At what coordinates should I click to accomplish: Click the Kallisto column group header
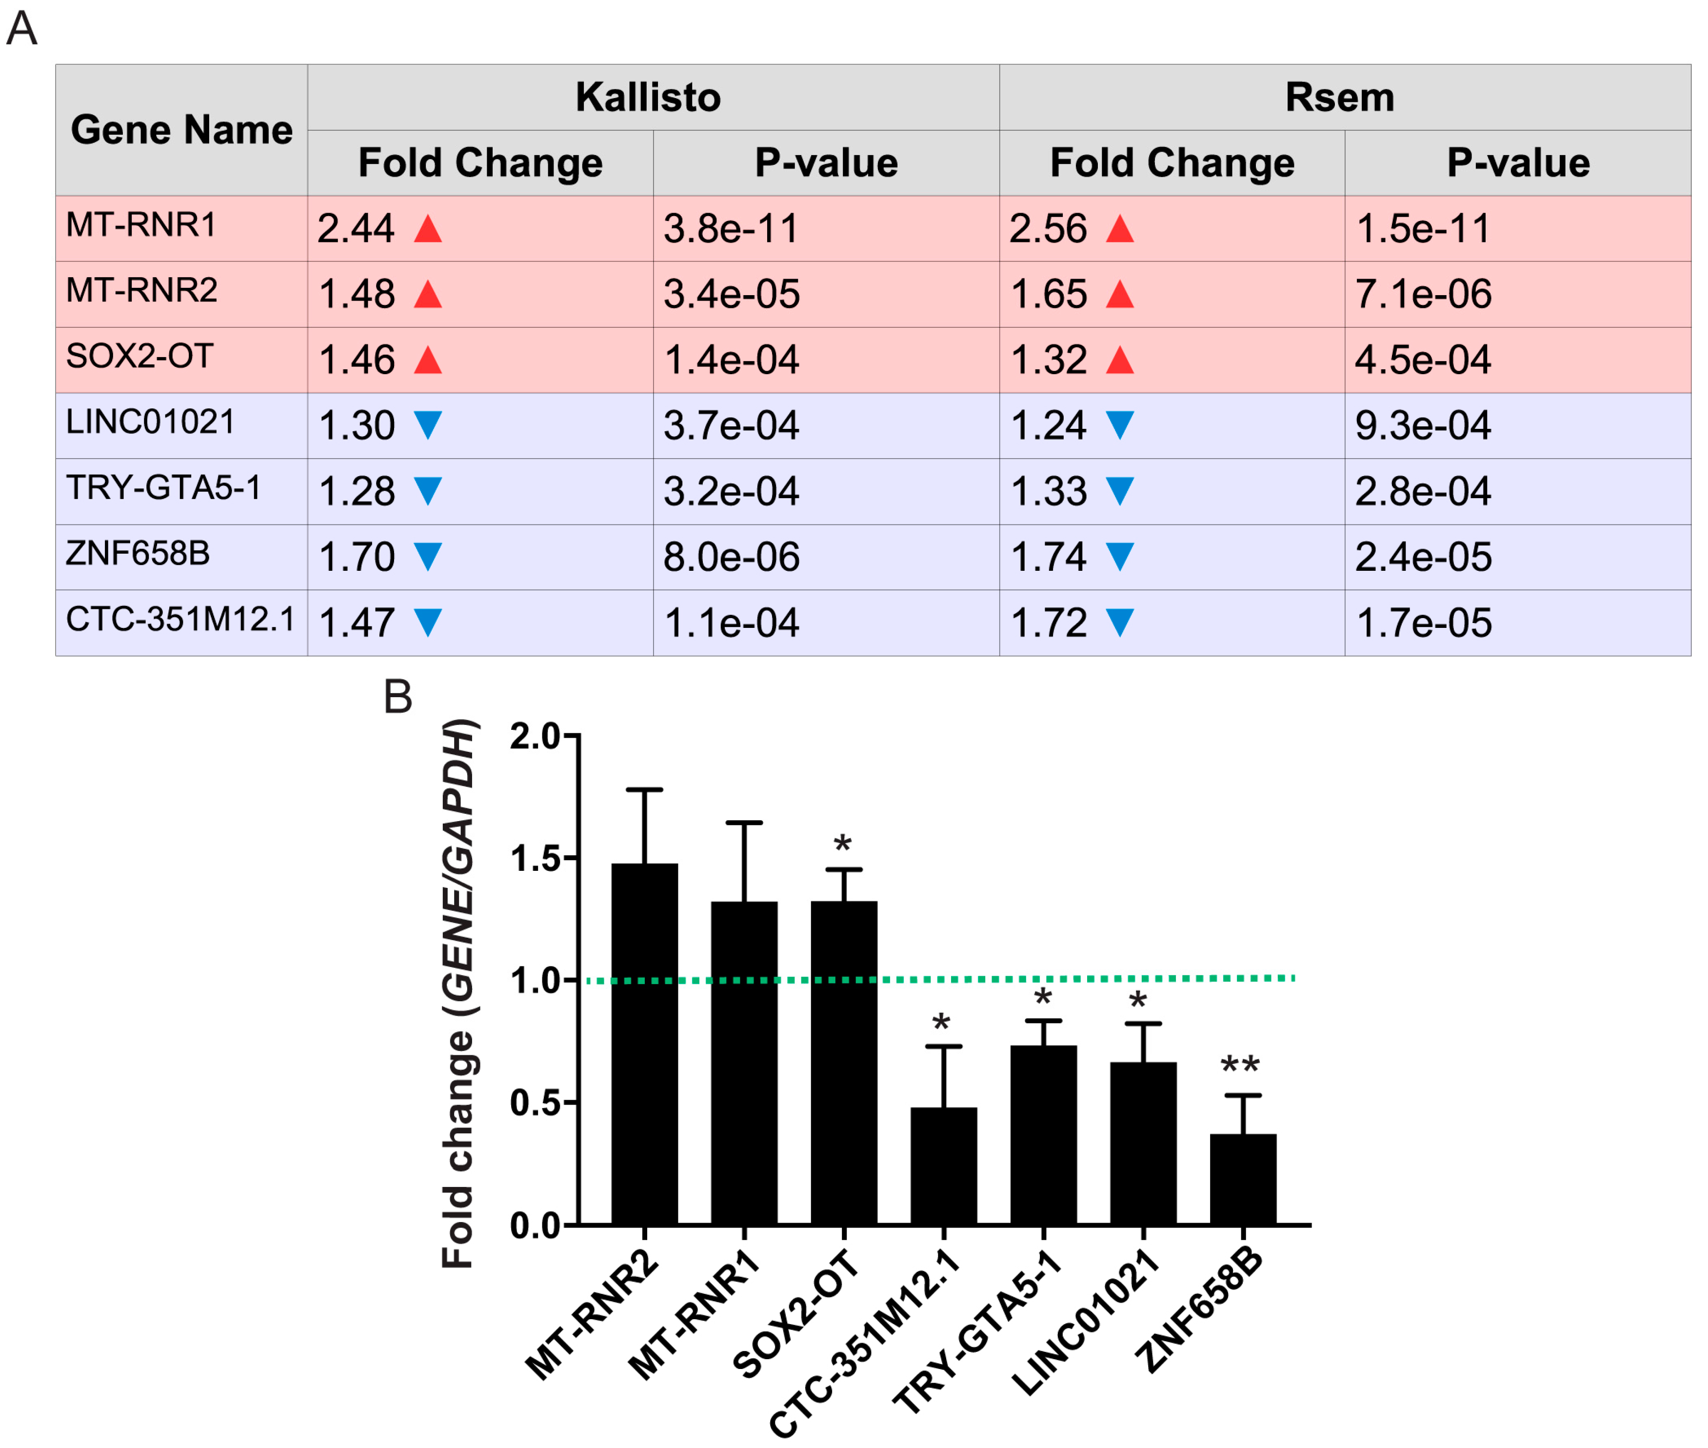648,97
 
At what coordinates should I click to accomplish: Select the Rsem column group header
1339,97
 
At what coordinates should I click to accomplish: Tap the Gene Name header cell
181,130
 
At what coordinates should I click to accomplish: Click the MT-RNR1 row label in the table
141,225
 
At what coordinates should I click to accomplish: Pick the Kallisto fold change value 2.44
356,228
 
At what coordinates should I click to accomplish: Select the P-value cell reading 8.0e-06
731,557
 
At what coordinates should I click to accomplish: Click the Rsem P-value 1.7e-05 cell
1423,623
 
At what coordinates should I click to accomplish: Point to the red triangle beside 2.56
1119,229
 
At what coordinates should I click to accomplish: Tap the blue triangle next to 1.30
428,424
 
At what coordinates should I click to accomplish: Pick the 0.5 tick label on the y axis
535,1103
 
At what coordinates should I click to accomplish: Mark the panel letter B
398,697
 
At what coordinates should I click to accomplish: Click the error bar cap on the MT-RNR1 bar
744,822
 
